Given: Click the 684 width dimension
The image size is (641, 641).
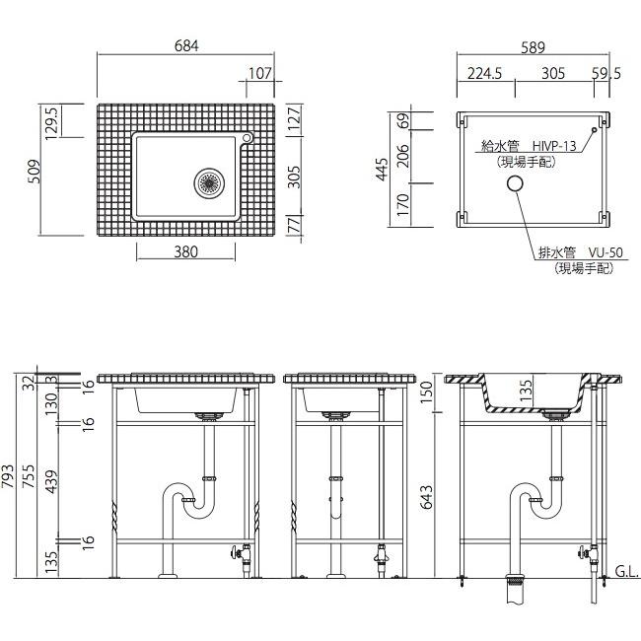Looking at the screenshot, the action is (x=186, y=45).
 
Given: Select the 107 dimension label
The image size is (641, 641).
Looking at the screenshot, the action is (x=260, y=73).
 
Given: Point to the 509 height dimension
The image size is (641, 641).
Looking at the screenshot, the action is (x=36, y=172).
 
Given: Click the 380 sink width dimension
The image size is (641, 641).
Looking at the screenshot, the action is (x=186, y=251).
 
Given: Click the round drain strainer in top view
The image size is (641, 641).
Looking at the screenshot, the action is (x=209, y=182).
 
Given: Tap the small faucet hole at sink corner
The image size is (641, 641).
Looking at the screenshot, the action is (x=247, y=138).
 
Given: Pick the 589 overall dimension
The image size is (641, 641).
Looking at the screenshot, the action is (x=534, y=47).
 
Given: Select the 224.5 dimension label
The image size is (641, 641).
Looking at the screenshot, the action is (x=484, y=74).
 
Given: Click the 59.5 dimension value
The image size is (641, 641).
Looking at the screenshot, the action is (x=606, y=74).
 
